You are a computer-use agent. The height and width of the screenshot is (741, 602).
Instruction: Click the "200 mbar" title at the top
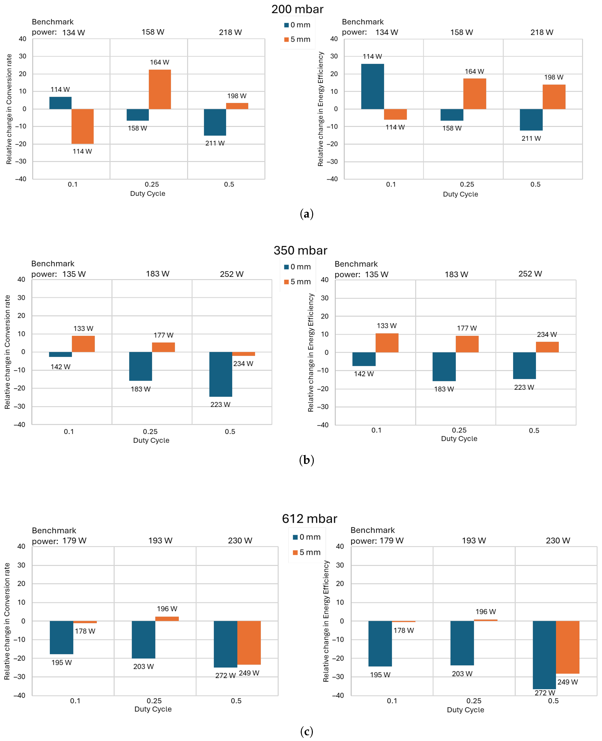point(297,9)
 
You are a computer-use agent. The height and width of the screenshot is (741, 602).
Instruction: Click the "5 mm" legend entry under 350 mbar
point(298,282)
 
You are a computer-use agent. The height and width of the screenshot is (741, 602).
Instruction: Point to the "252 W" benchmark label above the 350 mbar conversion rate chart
point(232,274)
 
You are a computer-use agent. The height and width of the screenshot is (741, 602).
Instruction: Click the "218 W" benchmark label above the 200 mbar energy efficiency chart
point(542,32)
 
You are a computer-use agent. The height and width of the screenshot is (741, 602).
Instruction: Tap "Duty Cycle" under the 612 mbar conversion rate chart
point(153,709)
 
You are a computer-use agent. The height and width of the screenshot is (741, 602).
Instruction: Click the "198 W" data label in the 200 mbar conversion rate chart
point(237,96)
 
